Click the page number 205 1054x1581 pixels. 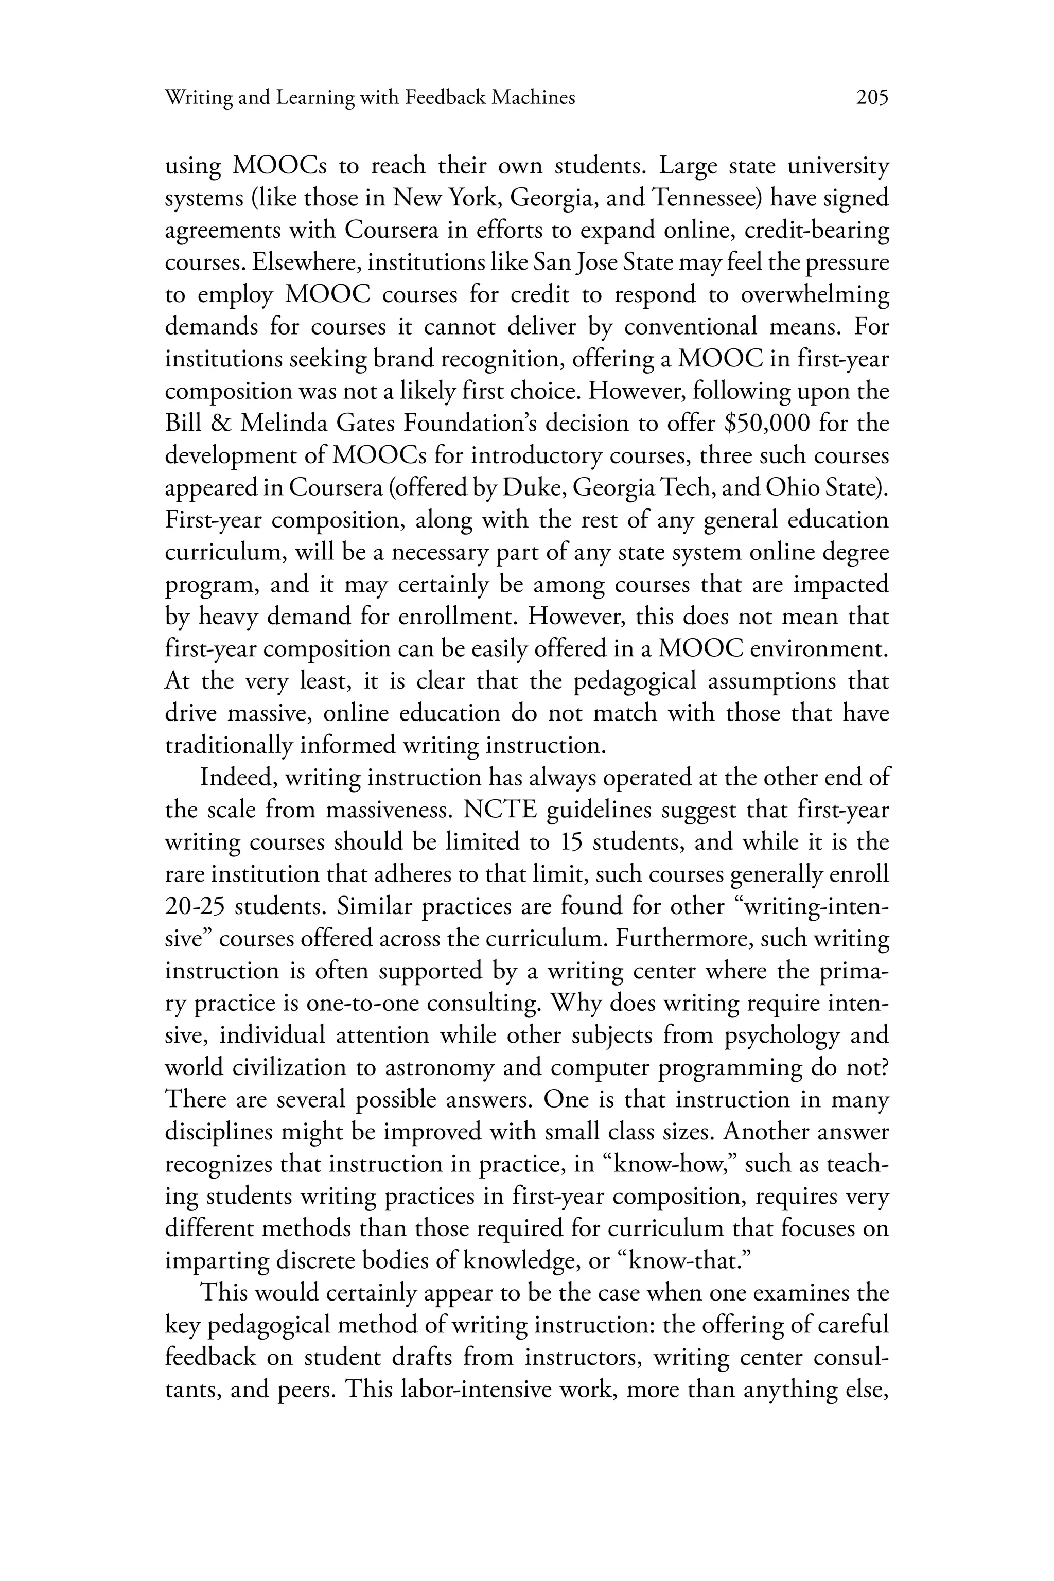[872, 98]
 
